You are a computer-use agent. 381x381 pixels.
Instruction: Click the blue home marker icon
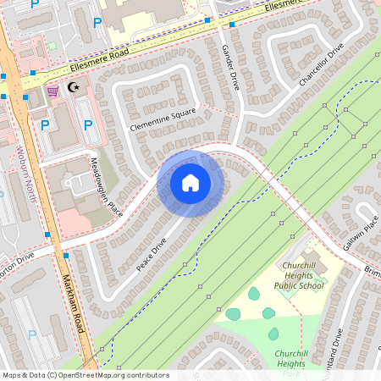click(x=190, y=183)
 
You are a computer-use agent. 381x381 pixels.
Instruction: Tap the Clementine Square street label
click(x=163, y=119)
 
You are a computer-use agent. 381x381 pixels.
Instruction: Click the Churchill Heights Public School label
click(x=298, y=280)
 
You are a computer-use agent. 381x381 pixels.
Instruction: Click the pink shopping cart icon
click(x=52, y=90)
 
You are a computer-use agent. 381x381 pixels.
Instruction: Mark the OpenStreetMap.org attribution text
click(x=85, y=375)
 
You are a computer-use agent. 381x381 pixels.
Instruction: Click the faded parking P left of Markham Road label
click(x=32, y=334)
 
